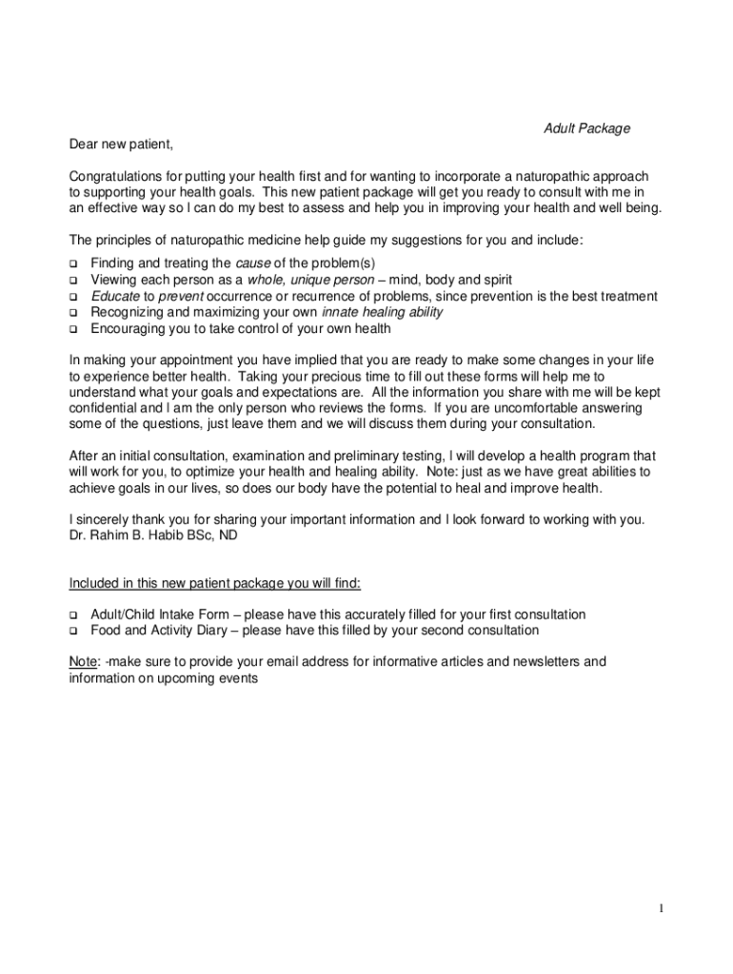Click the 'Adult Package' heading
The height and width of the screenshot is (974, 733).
click(586, 128)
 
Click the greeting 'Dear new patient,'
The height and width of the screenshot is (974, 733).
click(121, 145)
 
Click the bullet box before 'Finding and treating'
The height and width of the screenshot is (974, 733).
click(72, 263)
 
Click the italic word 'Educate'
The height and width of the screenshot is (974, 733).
click(114, 296)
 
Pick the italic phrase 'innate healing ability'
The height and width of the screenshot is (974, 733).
click(383, 312)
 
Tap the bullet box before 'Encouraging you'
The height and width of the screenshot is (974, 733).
click(72, 330)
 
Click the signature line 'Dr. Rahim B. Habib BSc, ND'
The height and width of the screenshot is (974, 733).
click(153, 536)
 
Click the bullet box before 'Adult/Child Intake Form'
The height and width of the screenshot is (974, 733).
click(72, 615)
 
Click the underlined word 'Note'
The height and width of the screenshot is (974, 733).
click(83, 662)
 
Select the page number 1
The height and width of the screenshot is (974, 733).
click(660, 908)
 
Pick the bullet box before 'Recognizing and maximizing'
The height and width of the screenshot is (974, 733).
click(72, 313)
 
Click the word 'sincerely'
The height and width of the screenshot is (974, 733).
click(106, 520)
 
